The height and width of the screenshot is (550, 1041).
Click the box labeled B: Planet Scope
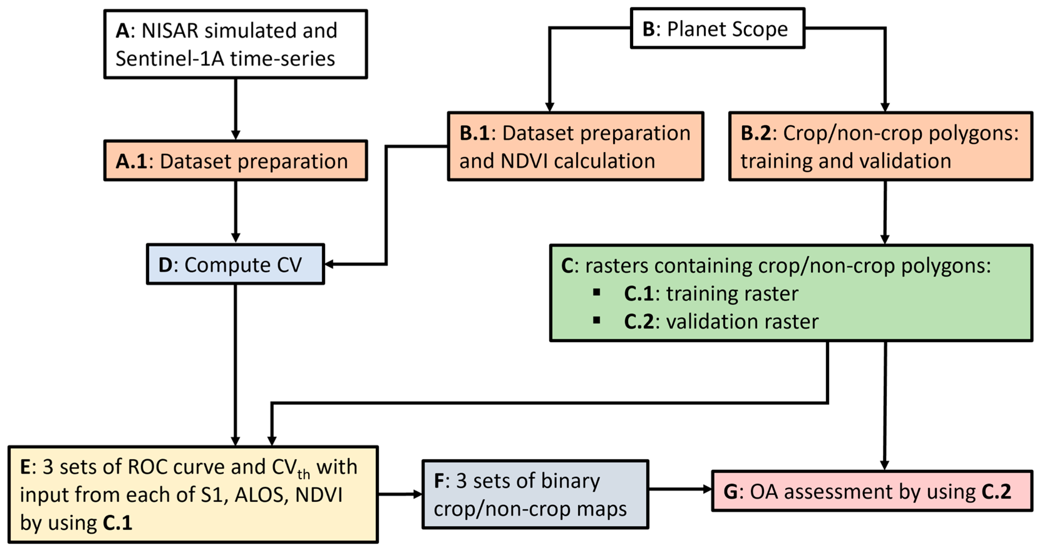click(x=717, y=28)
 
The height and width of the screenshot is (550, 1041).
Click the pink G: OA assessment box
click(x=872, y=491)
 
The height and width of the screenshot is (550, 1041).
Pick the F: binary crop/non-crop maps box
click(x=535, y=494)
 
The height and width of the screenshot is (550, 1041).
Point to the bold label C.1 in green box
click(x=638, y=294)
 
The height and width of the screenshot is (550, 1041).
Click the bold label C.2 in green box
click(x=638, y=322)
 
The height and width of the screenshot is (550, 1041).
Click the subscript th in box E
click(x=304, y=474)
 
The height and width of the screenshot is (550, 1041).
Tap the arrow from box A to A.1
click(x=236, y=109)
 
